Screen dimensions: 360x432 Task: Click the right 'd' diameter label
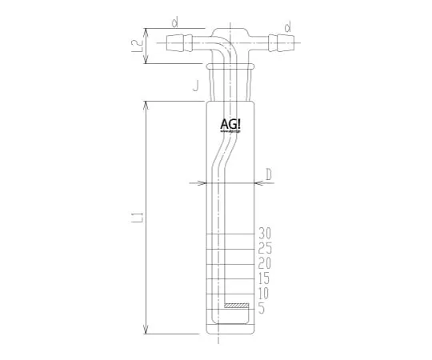(287, 26)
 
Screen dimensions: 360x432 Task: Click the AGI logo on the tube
(233, 126)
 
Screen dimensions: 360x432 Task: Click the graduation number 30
(267, 233)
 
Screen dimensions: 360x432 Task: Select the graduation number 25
(267, 248)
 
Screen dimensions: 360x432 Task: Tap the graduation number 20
(267, 263)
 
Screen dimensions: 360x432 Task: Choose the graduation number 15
(267, 278)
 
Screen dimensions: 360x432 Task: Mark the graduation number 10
(267, 294)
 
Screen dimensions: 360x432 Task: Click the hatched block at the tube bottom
(237, 306)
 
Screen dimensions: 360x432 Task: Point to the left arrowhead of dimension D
(205, 183)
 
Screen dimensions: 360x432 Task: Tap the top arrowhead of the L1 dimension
(146, 105)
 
